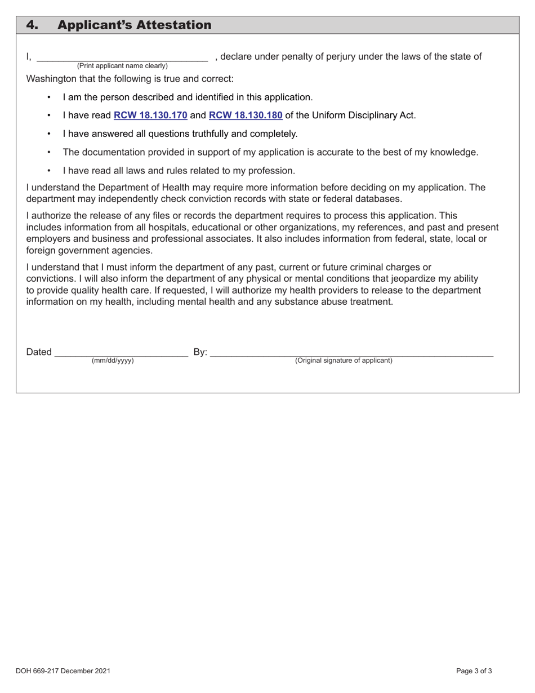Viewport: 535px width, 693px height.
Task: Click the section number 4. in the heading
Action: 33,25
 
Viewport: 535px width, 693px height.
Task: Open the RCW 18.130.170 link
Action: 150,115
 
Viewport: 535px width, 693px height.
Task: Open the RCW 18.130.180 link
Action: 246,115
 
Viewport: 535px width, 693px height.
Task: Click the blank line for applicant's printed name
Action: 122,58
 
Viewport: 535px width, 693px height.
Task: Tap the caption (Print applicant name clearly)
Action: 122,66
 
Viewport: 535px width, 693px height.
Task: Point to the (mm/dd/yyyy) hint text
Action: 113,361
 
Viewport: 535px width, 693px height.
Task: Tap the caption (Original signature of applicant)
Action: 344,361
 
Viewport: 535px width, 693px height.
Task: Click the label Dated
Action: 39,352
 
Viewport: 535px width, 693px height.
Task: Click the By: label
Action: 200,352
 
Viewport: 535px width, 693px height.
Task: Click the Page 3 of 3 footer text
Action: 474,671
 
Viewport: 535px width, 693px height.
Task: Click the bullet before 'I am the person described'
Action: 50,97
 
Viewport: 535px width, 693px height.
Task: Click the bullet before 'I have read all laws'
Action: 50,171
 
